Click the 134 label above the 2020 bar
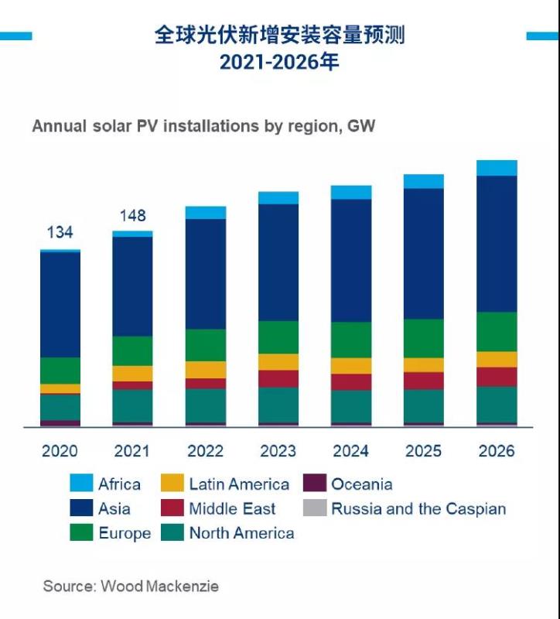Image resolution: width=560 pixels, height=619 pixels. pos(60,232)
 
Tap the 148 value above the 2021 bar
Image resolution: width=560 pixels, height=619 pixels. pos(132,215)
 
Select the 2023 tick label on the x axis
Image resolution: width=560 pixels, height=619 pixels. pos(278,451)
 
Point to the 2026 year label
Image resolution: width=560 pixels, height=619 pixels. pos(496,451)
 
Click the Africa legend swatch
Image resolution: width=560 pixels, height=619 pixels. pos(81,484)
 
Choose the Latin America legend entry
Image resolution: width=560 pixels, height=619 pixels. pos(238,484)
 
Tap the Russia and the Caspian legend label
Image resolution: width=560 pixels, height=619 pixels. pos(418,508)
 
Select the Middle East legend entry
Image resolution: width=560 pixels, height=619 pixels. pos(232,508)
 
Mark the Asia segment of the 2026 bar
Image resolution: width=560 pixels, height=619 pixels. pos(497,244)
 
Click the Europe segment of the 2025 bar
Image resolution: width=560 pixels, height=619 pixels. pos(424,338)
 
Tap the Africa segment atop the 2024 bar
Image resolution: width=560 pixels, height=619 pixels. pos(351,192)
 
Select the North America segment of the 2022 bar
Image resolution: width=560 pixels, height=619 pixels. pos(206,405)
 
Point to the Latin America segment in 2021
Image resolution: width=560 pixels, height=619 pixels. pos(132,373)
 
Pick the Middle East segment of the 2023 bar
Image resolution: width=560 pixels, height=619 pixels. pos(278,378)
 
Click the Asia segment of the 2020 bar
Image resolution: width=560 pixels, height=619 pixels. pos(60,304)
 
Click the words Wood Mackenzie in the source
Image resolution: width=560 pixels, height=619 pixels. pos(159,586)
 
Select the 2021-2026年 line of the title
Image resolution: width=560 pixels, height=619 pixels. pos(279,63)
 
